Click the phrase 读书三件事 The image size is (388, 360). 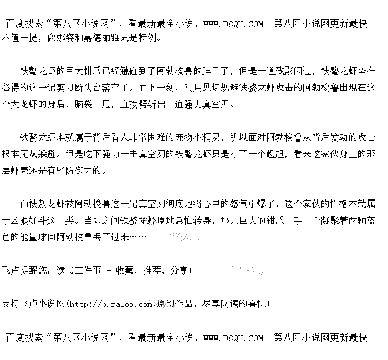(x=81, y=270)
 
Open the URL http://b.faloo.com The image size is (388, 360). (x=111, y=304)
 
